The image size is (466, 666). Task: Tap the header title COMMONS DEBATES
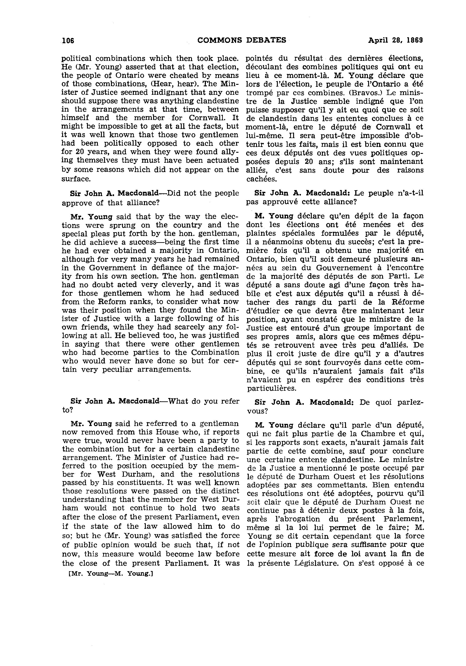pyautogui.click(x=242, y=40)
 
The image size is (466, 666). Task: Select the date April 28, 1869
pyautogui.click(x=395, y=40)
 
